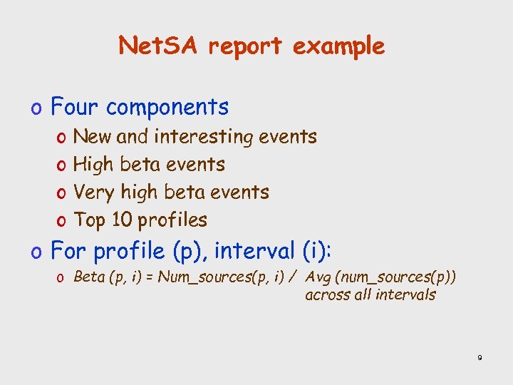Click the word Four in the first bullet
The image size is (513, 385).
pyautogui.click(x=78, y=107)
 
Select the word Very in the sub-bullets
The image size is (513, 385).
pyautogui.click(x=93, y=192)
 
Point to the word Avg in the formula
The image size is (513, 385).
pyautogui.click(x=318, y=277)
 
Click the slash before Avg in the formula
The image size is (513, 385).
pyautogui.click(x=293, y=277)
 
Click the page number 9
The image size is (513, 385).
pyautogui.click(x=480, y=358)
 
